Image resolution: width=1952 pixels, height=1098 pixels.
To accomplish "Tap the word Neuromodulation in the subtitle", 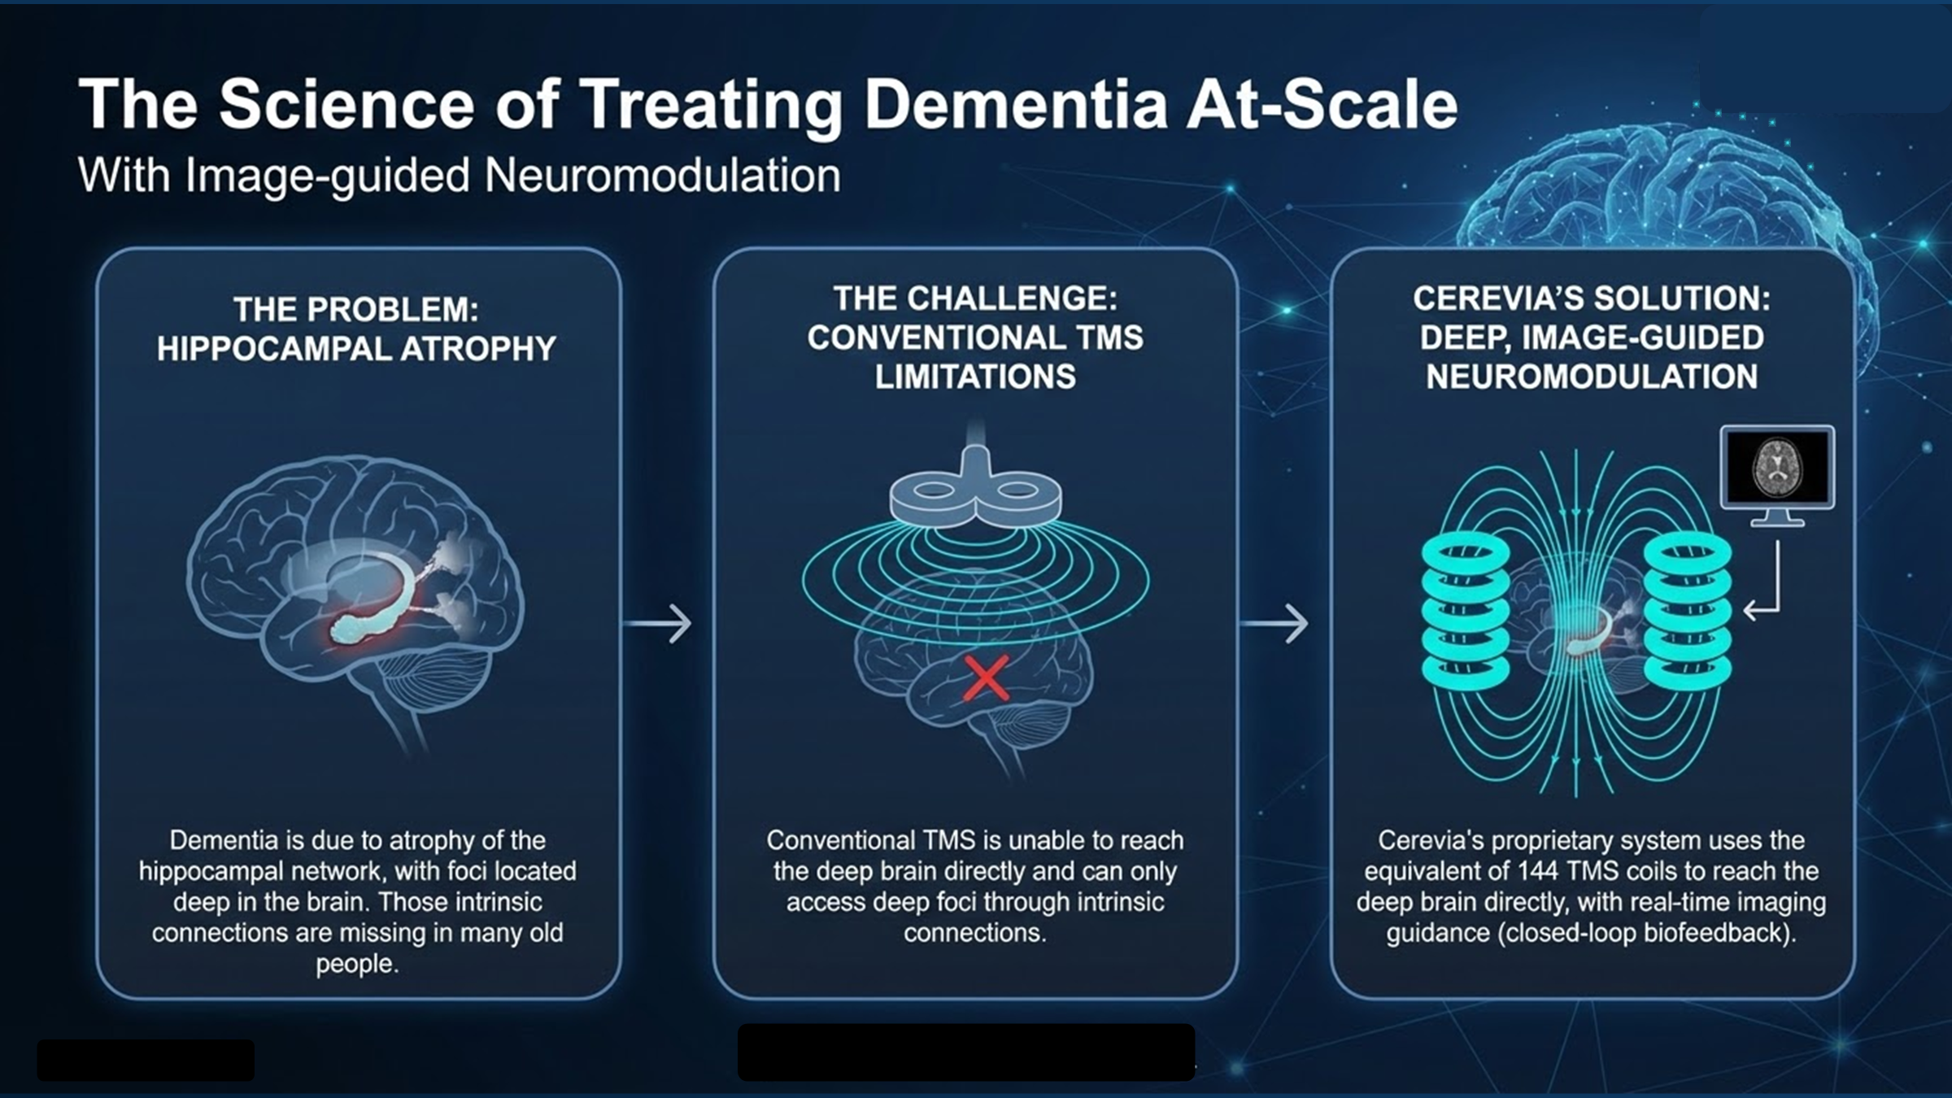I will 662,176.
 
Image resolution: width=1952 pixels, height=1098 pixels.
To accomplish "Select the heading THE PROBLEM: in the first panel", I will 356,310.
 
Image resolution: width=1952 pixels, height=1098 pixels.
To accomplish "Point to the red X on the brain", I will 986,678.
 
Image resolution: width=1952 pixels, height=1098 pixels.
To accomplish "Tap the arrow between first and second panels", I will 658,624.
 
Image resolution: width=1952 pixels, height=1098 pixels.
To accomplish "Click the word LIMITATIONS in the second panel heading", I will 975,377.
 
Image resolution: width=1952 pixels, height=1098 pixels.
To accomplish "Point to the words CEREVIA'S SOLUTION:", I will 1592,298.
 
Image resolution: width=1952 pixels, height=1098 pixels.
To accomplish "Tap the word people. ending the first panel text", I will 357,964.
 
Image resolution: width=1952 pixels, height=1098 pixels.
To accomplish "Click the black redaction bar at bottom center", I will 966,1052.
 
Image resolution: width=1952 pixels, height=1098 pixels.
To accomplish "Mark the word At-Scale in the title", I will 1322,105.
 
